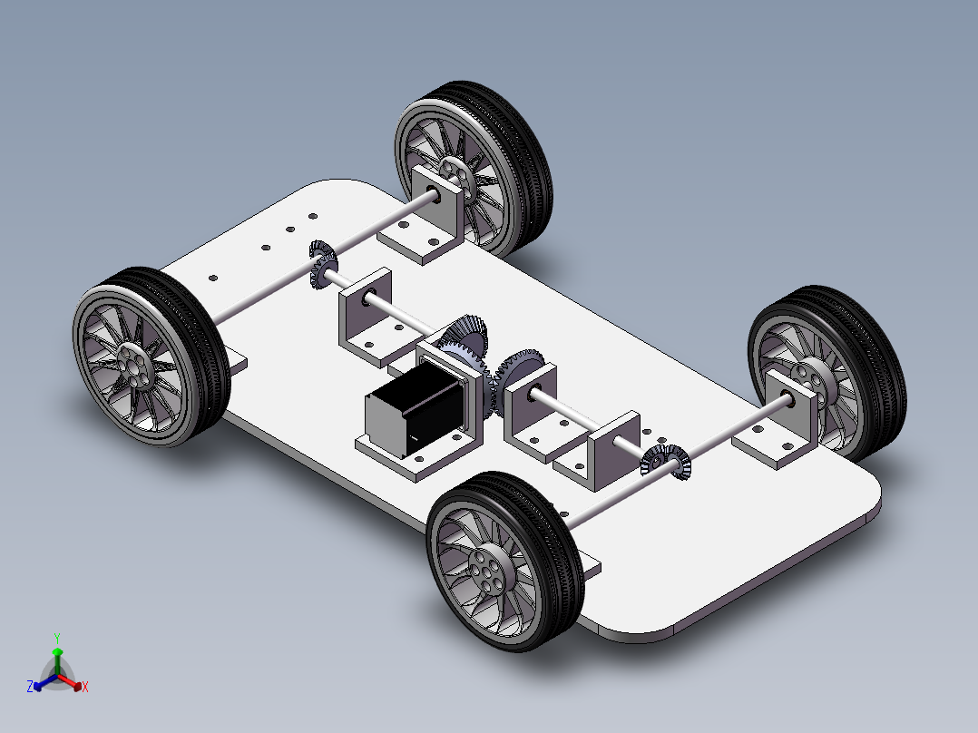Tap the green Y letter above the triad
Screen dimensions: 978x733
click(x=57, y=638)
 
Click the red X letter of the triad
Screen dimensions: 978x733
click(x=85, y=687)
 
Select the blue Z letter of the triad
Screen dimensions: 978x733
click(x=30, y=686)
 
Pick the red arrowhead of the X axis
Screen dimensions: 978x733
click(x=77, y=686)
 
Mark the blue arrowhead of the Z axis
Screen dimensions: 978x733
click(x=38, y=686)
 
